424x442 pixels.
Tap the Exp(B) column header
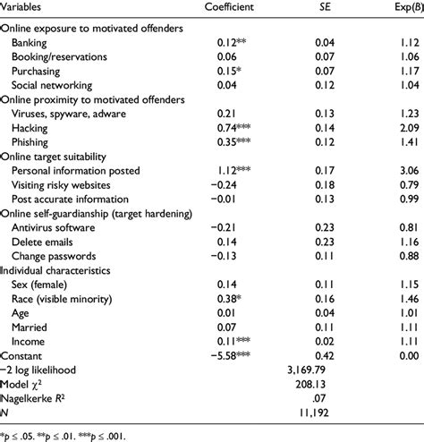point(403,8)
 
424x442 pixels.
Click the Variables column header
point(26,8)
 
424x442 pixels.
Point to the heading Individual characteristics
point(55,292)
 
